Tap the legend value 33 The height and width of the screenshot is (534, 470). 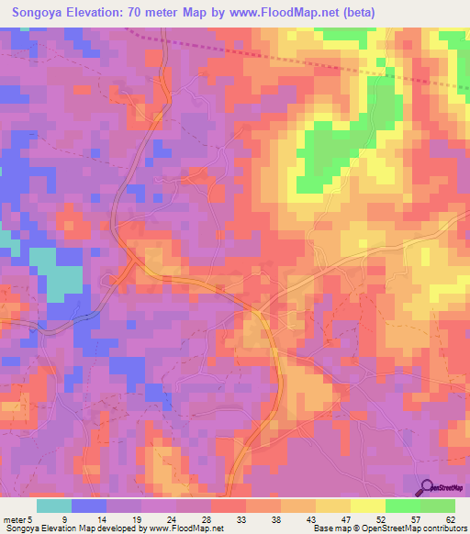tap(241, 519)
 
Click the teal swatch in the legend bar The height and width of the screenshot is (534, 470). tap(54, 506)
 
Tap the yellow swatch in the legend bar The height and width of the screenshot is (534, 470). tap(368, 506)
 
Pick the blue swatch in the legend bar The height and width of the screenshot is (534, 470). tap(89, 506)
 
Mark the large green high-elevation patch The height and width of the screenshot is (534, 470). tap(326, 151)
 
